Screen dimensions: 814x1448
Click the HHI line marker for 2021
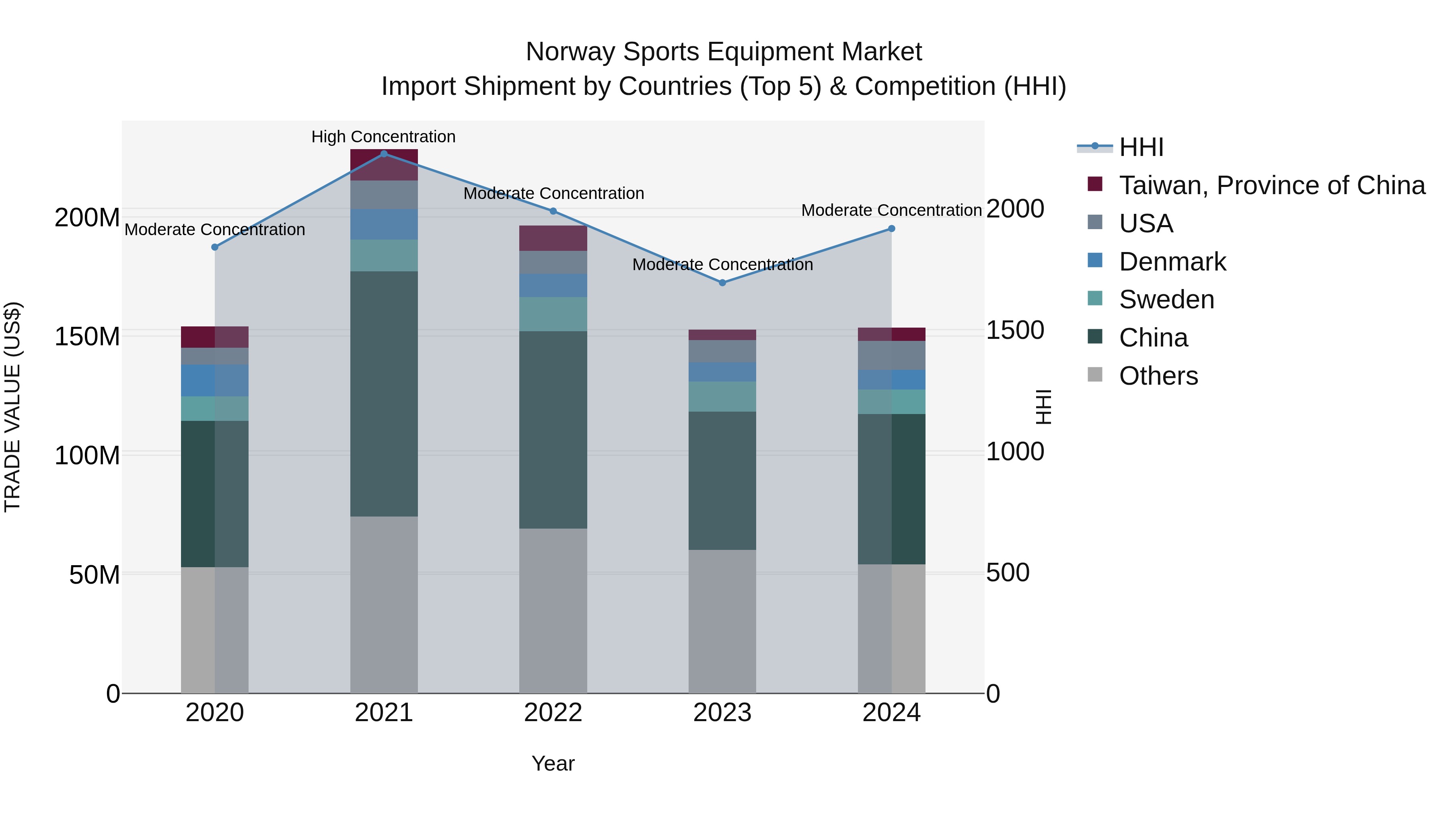(x=384, y=154)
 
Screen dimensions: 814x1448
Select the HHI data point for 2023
(x=722, y=283)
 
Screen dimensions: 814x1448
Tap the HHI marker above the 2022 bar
(x=553, y=211)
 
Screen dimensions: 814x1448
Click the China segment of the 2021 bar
(x=384, y=393)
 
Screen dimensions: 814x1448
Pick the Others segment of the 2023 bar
(x=722, y=621)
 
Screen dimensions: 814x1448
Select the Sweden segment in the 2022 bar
(x=553, y=314)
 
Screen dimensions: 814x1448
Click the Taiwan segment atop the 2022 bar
(x=553, y=238)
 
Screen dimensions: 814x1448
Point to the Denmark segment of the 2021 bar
(x=384, y=224)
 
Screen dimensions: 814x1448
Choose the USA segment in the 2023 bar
(x=722, y=351)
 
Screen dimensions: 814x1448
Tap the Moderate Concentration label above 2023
(x=722, y=264)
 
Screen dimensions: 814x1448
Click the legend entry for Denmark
(x=1172, y=262)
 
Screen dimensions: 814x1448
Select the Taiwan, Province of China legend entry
(x=1271, y=185)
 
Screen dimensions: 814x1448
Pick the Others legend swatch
(x=1095, y=375)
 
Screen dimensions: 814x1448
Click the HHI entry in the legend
(x=1141, y=147)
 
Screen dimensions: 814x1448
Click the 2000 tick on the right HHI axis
(x=1015, y=209)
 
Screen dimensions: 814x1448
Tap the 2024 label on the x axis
(x=891, y=713)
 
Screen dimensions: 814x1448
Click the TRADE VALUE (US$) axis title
(x=12, y=407)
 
